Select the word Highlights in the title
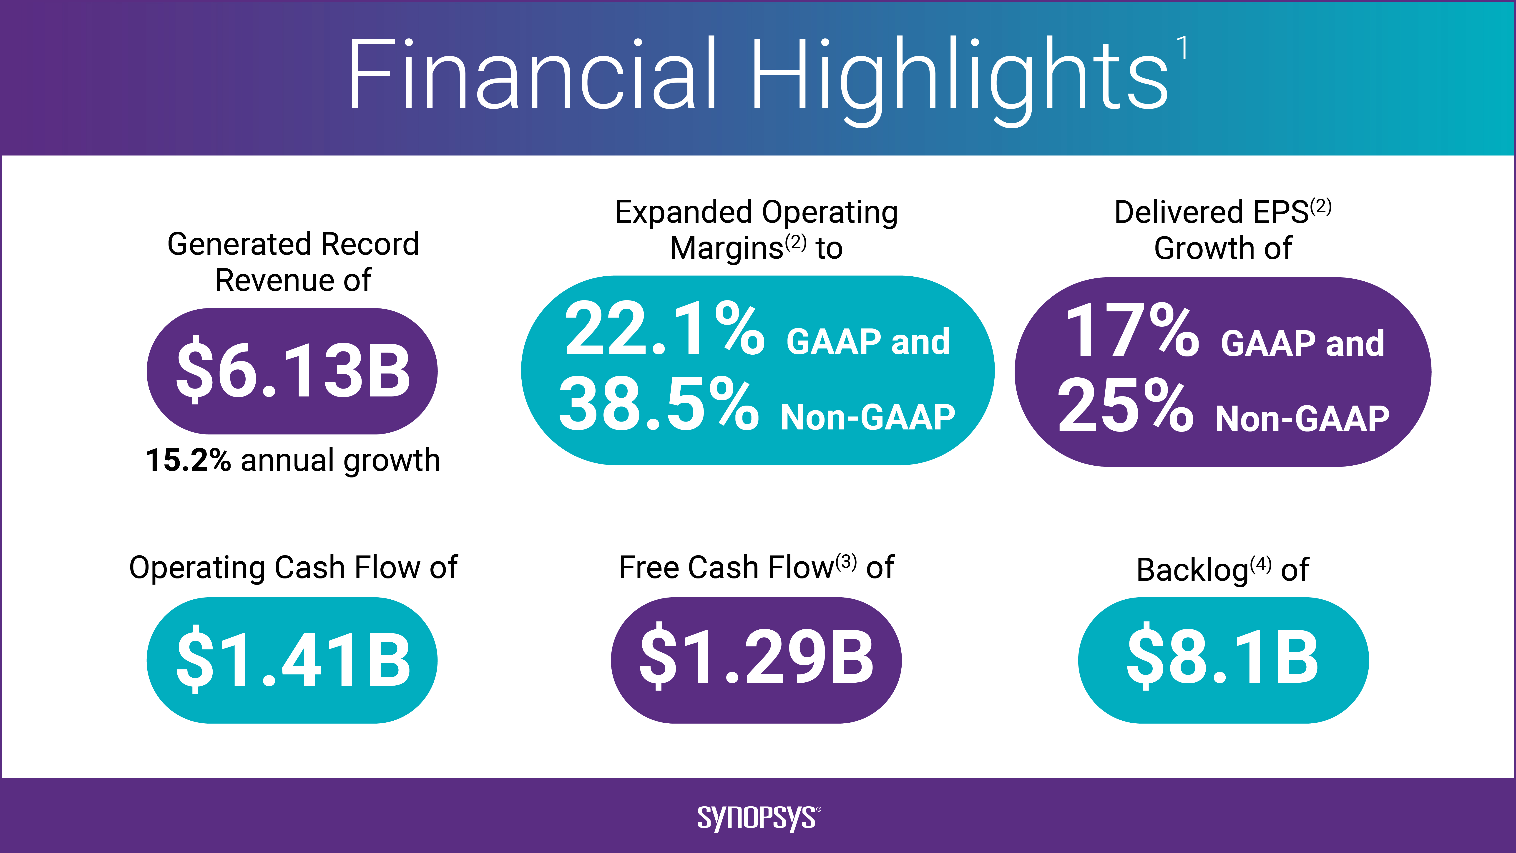(x=959, y=76)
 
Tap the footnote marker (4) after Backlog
(x=1261, y=565)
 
